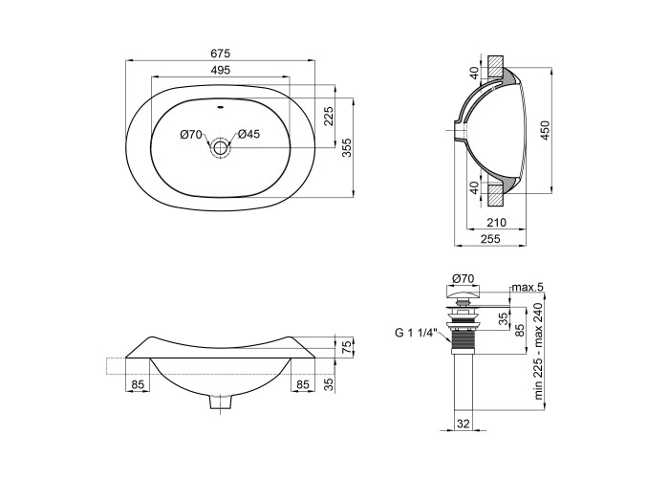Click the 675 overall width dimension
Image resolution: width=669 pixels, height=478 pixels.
220,54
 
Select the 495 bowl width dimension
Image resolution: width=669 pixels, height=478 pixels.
220,70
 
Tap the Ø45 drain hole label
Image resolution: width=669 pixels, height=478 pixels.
248,134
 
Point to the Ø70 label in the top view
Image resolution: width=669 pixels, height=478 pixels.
191,135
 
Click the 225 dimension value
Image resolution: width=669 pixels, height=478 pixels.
329,116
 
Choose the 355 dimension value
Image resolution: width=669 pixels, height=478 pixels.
347,147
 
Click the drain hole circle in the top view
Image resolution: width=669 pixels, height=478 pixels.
220,148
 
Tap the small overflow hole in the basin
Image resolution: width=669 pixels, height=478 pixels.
220,107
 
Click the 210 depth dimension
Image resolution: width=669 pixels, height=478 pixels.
497,223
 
